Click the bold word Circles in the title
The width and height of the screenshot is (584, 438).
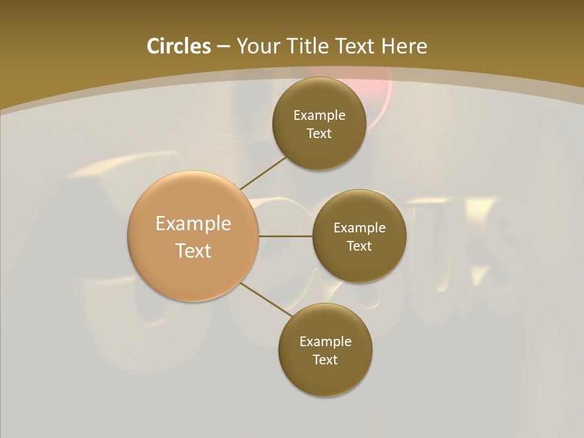pyautogui.click(x=179, y=46)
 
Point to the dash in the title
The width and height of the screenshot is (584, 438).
pyautogui.click(x=223, y=47)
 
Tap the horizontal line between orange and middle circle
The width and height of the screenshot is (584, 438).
pyautogui.click(x=285, y=236)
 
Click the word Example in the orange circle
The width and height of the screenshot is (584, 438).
pyautogui.click(x=193, y=224)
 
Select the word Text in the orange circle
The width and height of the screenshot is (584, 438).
pyautogui.click(x=193, y=251)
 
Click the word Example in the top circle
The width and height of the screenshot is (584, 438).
pyautogui.click(x=319, y=116)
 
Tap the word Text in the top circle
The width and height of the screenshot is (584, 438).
pyautogui.click(x=319, y=134)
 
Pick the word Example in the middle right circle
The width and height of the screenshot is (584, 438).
pyautogui.click(x=360, y=228)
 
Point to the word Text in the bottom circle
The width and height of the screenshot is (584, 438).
pyautogui.click(x=325, y=360)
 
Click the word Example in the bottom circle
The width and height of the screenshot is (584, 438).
pyautogui.click(x=325, y=342)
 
